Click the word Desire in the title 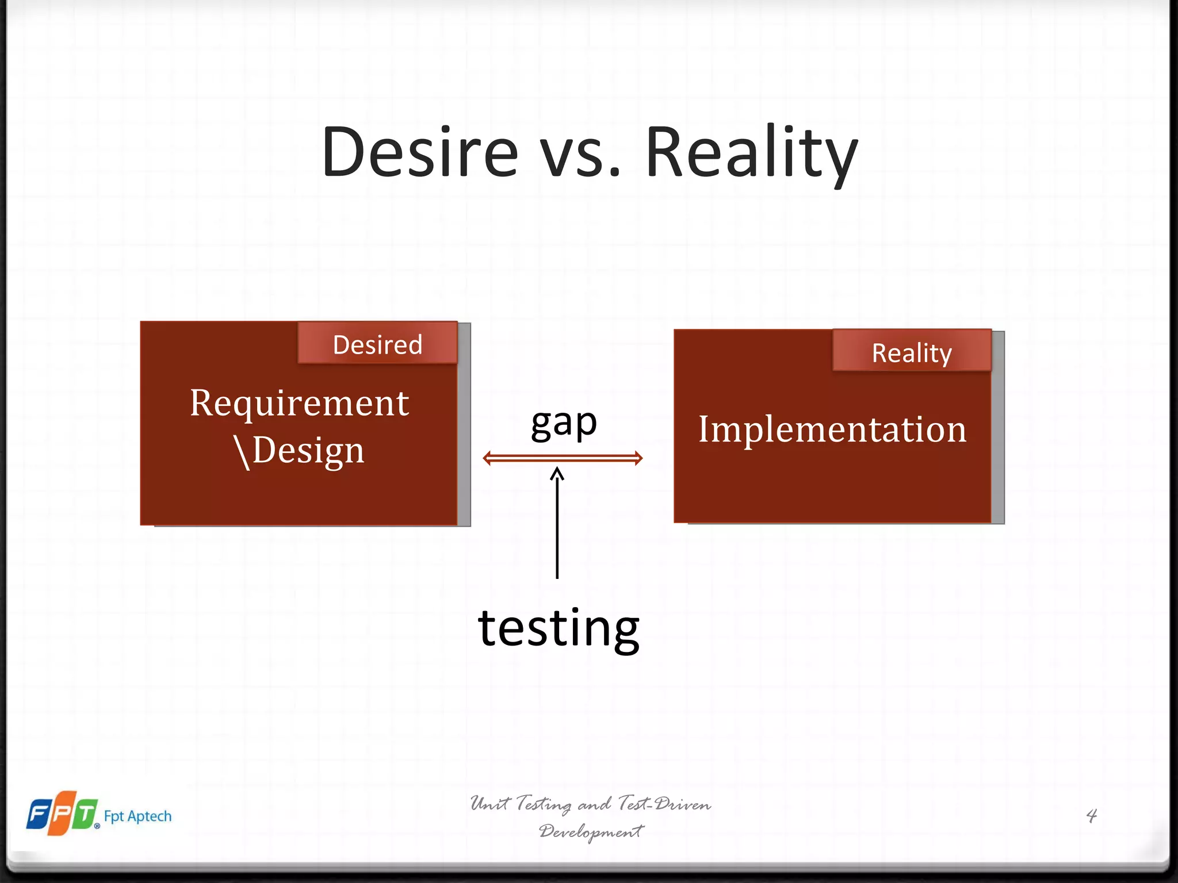coord(420,152)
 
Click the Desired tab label coord(377,345)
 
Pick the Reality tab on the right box coord(912,352)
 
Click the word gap coord(564,424)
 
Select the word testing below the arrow coord(559,628)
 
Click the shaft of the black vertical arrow coord(557,529)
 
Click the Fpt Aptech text coord(137,816)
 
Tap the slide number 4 coord(1091,815)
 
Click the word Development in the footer coord(591,831)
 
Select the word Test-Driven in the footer coord(664,804)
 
